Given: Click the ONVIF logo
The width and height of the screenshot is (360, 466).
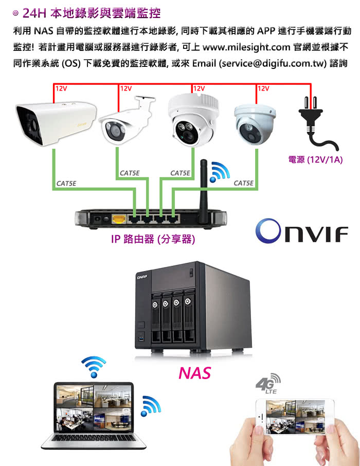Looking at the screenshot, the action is (x=301, y=231).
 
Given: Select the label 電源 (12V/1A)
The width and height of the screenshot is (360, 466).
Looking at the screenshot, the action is (x=315, y=160).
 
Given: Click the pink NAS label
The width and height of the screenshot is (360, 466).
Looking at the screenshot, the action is (x=195, y=373).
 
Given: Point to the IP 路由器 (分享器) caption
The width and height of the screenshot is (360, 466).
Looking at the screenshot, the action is (x=153, y=239).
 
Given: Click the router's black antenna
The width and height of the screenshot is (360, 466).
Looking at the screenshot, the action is (x=204, y=191).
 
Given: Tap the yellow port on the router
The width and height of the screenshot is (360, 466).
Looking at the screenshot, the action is (x=119, y=219).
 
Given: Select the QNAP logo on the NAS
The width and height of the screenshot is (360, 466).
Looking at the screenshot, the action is (x=142, y=277).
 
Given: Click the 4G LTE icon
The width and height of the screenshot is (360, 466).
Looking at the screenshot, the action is (x=268, y=384).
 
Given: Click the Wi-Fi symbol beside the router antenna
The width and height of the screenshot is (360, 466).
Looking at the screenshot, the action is (x=219, y=172).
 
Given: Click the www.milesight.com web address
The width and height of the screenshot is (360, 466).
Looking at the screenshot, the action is (x=246, y=47).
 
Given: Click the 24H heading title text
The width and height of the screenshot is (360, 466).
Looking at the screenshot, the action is (x=91, y=13).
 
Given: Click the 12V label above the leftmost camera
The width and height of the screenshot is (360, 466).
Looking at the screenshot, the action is (x=61, y=88).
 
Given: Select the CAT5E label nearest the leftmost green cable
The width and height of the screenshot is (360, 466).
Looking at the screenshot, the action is (x=66, y=184).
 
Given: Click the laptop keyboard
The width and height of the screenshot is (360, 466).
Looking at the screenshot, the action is (x=93, y=438).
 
